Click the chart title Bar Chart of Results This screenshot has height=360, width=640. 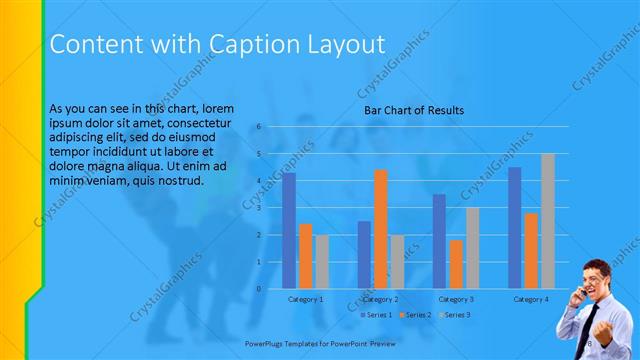pos(413,110)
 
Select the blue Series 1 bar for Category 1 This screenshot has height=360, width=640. pos(289,231)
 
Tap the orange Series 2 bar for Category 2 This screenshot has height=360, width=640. pos(380,229)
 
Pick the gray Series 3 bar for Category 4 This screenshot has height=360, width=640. pos(547,221)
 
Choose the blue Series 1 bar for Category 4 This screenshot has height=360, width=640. pos(514,228)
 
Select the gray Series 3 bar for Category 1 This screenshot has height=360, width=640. pos(321,262)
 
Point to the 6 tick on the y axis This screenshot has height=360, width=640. pos(258,127)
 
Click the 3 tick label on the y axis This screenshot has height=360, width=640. pos(258,208)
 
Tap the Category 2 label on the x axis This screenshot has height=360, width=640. pos(380,299)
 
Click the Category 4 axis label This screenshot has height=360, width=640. pos(530,299)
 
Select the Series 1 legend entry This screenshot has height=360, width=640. pos(376,315)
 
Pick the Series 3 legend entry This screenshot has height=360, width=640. pos(454,315)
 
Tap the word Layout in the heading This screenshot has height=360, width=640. pos(338,44)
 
